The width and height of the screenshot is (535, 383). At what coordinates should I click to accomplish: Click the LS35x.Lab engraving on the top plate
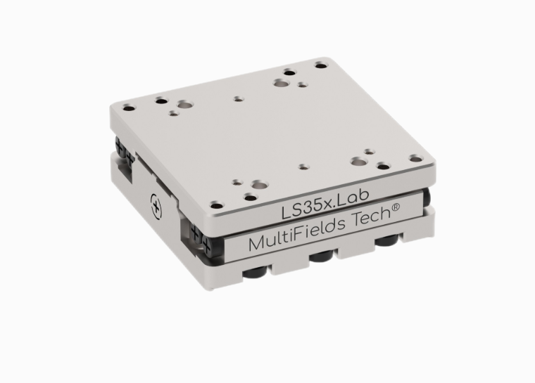[325, 204]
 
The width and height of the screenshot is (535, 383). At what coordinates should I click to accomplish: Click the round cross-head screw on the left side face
[156, 206]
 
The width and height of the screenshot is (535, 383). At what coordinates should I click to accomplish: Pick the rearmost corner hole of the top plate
[321, 65]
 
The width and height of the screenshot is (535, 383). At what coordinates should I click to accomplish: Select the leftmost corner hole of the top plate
[129, 108]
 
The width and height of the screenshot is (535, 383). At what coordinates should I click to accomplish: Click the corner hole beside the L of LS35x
[216, 205]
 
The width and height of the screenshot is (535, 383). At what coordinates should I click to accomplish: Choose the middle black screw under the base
[322, 257]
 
